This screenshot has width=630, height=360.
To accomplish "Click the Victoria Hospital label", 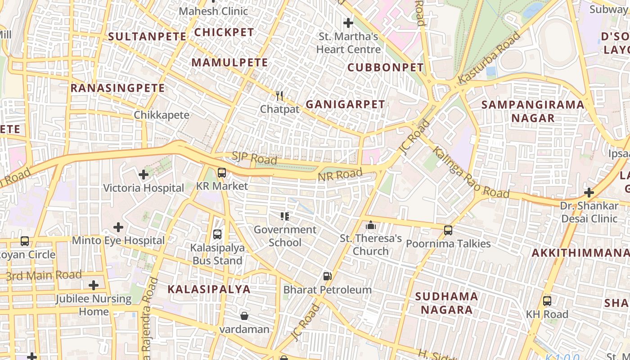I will tap(144, 188).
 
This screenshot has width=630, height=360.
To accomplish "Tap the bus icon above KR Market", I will tap(221, 172).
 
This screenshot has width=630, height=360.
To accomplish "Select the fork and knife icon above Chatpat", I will tap(279, 95).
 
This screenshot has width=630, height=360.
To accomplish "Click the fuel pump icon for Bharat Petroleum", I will tap(328, 276).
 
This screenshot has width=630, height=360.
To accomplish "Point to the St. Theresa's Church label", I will tap(370, 244).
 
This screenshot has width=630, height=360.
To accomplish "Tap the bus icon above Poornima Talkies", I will tap(448, 230).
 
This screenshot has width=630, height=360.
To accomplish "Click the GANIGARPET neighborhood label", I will tap(345, 104).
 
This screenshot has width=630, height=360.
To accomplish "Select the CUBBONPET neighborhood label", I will tap(386, 67).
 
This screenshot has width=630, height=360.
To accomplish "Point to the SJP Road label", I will tap(254, 158).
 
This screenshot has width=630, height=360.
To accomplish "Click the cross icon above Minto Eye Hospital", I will tap(118, 227).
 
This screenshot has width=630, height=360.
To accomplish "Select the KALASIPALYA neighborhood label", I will tap(209, 289).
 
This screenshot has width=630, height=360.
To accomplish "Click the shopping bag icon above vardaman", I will tap(244, 316).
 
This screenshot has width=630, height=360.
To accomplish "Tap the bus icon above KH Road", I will tap(547, 301).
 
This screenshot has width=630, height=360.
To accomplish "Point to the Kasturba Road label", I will tap(489, 58).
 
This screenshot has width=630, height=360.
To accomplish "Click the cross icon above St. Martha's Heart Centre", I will tap(348, 22).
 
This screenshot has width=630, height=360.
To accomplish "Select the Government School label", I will tap(285, 236).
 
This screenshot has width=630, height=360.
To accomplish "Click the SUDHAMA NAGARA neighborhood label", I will tap(446, 303).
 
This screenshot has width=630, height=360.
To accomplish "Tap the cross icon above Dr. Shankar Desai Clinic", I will tap(589, 193).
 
